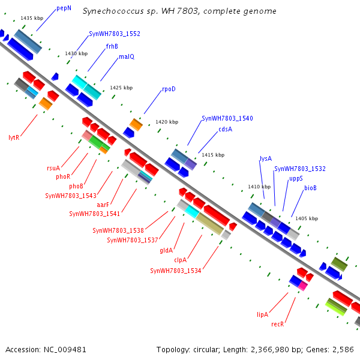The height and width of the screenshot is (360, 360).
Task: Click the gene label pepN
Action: click(x=64, y=8)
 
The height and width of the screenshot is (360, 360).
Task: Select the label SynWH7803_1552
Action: click(x=115, y=34)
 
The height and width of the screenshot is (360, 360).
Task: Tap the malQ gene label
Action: click(x=127, y=56)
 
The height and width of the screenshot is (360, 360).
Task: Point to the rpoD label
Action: click(x=169, y=89)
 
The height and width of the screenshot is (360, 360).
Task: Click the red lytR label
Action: click(x=14, y=137)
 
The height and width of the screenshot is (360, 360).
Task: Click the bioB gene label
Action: click(x=310, y=188)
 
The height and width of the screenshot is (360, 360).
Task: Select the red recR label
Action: click(x=277, y=324)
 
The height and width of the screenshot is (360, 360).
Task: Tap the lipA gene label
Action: click(x=262, y=314)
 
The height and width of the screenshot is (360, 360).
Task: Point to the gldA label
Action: click(x=166, y=250)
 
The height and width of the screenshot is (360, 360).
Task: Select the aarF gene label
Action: click(x=103, y=205)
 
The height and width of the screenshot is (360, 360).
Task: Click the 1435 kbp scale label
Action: click(x=32, y=18)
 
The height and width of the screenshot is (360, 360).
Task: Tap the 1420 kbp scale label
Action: click(x=167, y=122)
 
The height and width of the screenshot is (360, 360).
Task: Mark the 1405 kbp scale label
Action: click(x=307, y=218)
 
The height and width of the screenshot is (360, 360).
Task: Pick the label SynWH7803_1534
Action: click(x=175, y=271)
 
